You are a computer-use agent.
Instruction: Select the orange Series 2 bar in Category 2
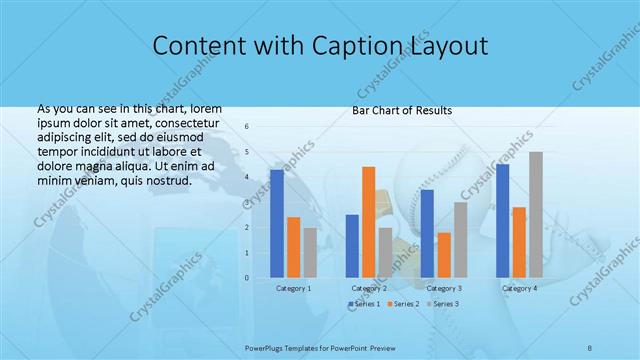pyautogui.click(x=368, y=222)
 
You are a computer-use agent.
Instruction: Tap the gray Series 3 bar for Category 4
pyautogui.click(x=535, y=215)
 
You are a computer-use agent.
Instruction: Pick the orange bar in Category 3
pyautogui.click(x=443, y=255)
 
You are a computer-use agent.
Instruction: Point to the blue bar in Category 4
pyautogui.click(x=502, y=221)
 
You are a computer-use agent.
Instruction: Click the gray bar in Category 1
pyautogui.click(x=310, y=253)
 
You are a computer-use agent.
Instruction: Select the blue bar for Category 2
pyautogui.click(x=352, y=246)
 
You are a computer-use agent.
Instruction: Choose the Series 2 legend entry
pyautogui.click(x=402, y=302)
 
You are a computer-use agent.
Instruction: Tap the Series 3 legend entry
pyautogui.click(x=443, y=302)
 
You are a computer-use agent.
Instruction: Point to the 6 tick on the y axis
pyautogui.click(x=247, y=127)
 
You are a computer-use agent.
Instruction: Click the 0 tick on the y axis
pyautogui.click(x=247, y=278)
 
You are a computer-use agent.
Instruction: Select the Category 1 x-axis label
pyautogui.click(x=293, y=288)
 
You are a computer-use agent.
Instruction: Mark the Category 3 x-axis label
pyautogui.click(x=443, y=288)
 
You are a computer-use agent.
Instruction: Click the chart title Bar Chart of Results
pyautogui.click(x=402, y=110)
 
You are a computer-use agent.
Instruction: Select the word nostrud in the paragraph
pyautogui.click(x=164, y=180)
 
